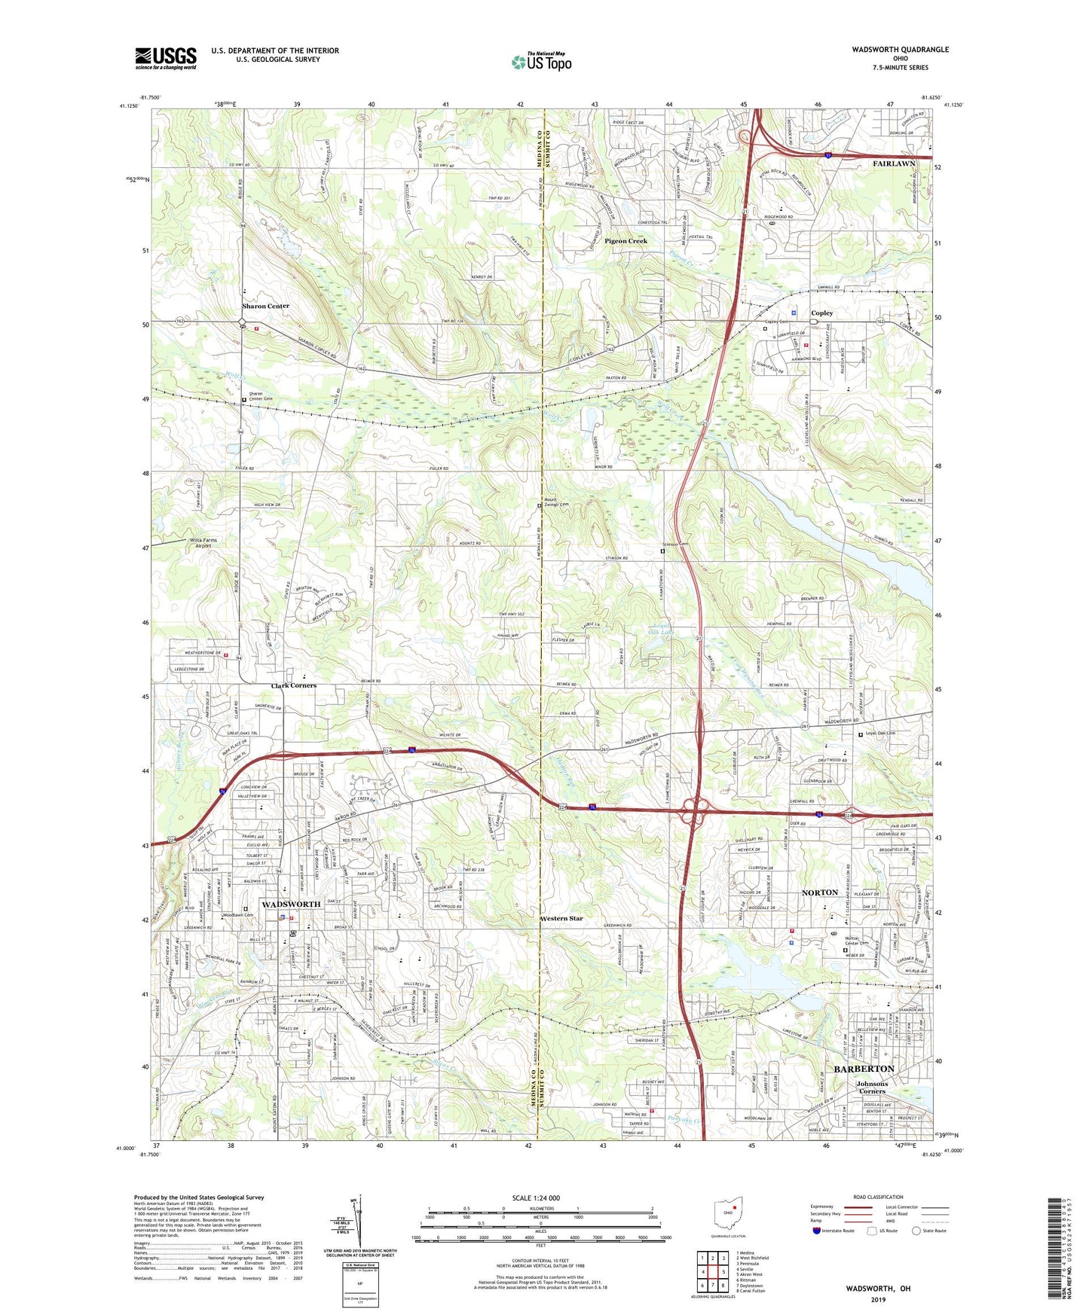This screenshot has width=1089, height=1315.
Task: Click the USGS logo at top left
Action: (x=166, y=58)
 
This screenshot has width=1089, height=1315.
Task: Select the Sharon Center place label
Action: (x=265, y=307)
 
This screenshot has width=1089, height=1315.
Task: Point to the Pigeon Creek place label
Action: (x=626, y=241)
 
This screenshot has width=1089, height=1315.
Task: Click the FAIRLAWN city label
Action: (x=894, y=163)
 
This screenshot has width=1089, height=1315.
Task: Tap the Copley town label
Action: (x=821, y=313)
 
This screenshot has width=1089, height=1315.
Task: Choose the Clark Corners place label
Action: (x=294, y=685)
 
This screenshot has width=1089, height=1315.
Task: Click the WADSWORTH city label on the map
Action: (x=291, y=904)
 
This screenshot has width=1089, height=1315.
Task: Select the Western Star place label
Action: (x=561, y=918)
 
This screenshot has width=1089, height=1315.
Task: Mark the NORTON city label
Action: (x=819, y=892)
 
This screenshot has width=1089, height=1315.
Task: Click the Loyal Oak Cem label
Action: (x=880, y=734)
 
